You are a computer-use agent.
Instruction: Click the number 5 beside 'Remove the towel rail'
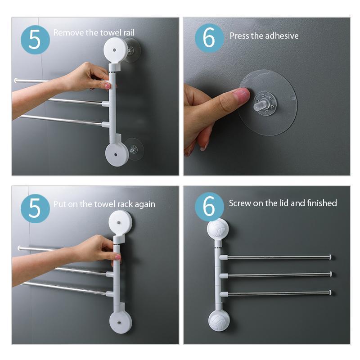(35, 40)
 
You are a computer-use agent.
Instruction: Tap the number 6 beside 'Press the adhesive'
(209, 39)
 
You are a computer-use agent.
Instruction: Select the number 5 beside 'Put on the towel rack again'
(35, 209)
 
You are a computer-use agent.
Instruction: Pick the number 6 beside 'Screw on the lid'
(209, 207)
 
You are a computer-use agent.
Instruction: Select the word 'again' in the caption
(144, 204)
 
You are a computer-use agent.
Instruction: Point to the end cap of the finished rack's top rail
(331, 257)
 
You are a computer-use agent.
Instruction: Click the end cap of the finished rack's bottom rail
(331, 292)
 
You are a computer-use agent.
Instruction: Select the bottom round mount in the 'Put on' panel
(121, 322)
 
